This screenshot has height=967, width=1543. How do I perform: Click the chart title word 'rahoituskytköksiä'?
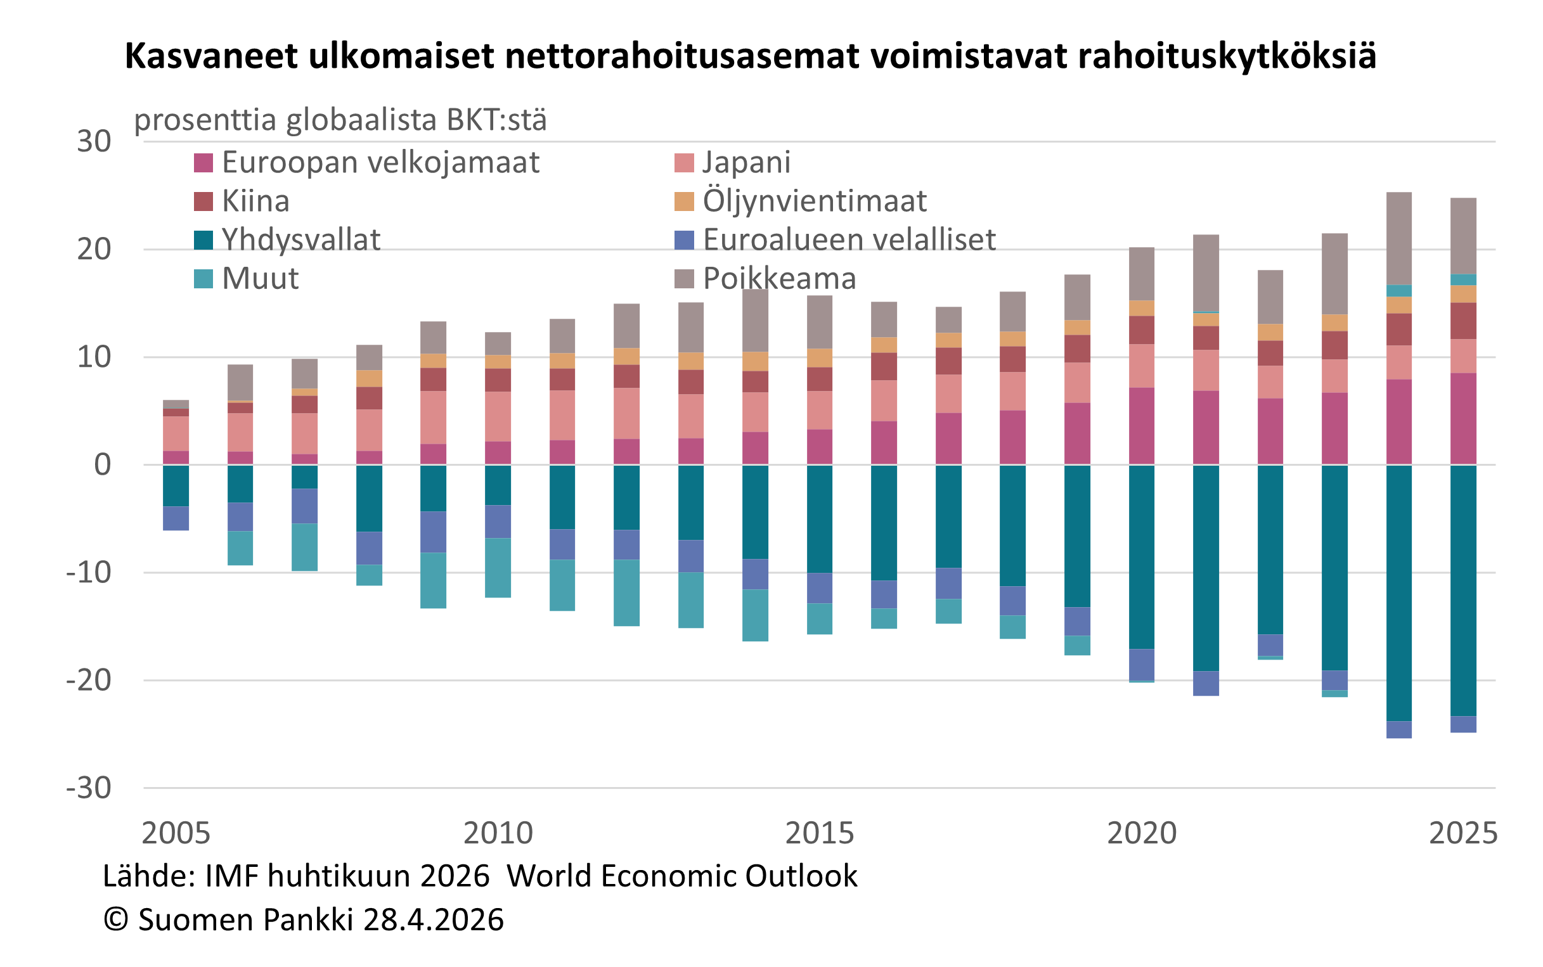click(1226, 56)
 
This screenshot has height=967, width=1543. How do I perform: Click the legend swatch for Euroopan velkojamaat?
click(203, 163)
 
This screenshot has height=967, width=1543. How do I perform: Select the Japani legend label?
click(746, 162)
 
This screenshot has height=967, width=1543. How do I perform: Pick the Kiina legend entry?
click(255, 202)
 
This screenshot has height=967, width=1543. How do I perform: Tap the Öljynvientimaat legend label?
click(814, 202)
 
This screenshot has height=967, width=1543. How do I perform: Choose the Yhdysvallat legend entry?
click(300, 240)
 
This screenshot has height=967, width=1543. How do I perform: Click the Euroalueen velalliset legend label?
click(849, 240)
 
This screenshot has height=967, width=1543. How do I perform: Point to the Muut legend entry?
click(260, 279)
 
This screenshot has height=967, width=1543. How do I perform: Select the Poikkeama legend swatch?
click(684, 279)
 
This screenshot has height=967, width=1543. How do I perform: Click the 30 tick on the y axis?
click(94, 141)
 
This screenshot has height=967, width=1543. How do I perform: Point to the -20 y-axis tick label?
click(89, 680)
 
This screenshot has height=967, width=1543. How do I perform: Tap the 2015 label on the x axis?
click(819, 833)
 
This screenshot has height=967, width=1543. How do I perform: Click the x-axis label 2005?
click(176, 833)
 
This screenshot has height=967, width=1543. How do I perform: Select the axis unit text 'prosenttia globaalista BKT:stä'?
click(340, 120)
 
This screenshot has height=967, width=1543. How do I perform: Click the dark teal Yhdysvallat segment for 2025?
click(1463, 589)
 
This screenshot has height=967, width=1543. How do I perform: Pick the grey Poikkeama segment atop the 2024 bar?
click(1399, 238)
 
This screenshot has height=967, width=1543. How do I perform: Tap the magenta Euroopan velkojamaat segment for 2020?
click(1141, 425)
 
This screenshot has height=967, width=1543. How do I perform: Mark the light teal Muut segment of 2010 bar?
click(498, 567)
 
